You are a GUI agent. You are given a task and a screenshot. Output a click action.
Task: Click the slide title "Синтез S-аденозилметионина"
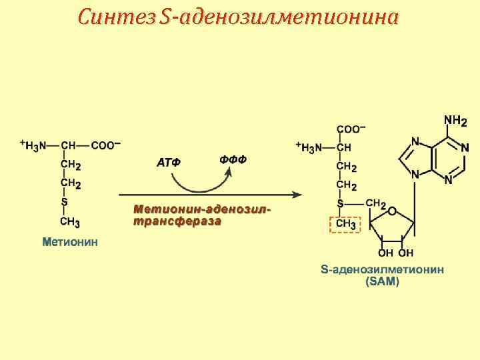(237, 17)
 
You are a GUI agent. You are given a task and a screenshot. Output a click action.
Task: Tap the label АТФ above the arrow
(169, 162)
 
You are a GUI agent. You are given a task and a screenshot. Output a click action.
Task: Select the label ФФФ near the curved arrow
(233, 159)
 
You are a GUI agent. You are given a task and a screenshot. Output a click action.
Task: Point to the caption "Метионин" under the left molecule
(70, 241)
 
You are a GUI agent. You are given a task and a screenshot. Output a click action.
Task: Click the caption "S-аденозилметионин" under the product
(382, 270)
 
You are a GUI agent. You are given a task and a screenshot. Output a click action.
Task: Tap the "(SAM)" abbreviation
(382, 282)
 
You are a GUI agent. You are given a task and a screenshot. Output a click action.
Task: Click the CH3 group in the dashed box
(345, 225)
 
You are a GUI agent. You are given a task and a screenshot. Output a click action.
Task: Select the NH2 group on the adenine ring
(455, 121)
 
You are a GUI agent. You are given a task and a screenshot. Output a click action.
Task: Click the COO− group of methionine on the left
(106, 145)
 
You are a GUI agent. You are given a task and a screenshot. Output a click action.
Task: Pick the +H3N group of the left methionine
(33, 145)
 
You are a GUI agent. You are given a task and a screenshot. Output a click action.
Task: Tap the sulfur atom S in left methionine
(65, 201)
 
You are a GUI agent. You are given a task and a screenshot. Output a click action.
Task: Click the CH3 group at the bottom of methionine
(70, 221)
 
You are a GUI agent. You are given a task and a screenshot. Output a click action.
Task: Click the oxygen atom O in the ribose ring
(392, 211)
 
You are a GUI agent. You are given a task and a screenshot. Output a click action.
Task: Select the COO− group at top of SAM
(351, 129)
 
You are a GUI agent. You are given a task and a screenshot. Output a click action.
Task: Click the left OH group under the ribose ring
(385, 253)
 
